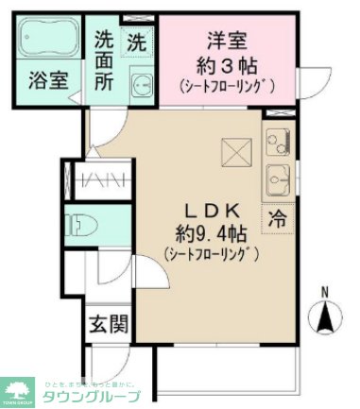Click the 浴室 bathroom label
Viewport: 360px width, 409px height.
47,79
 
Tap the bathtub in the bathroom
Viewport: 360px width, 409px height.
47,40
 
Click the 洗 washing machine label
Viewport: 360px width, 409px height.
137,42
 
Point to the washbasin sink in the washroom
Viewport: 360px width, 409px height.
142,85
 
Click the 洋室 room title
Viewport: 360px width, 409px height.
226,42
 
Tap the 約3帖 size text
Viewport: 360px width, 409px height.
226,65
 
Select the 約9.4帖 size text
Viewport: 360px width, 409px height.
211,233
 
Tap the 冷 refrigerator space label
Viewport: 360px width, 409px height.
278,216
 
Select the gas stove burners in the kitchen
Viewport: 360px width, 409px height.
279,144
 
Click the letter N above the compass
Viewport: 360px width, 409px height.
325,291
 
